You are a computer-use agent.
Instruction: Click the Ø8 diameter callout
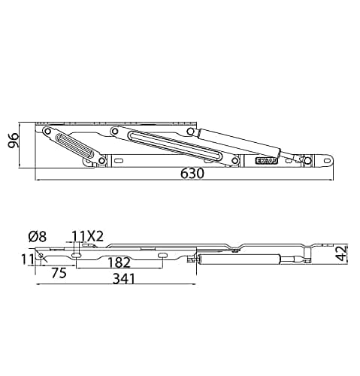(x=38, y=235)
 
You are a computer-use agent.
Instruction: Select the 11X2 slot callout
(x=88, y=235)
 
